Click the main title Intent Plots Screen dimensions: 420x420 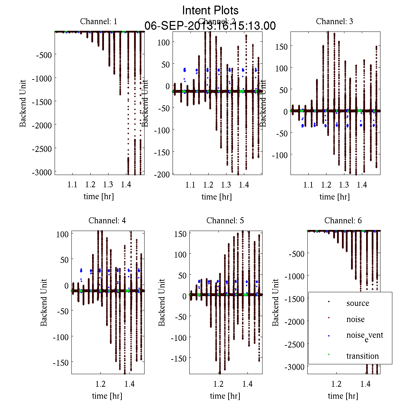pyautogui.click(x=210, y=10)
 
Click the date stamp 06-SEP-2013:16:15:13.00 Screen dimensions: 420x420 pyautogui.click(x=210, y=26)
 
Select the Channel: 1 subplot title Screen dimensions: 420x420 pyautogui.click(x=99, y=21)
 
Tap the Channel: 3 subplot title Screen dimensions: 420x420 pyautogui.click(x=334, y=21)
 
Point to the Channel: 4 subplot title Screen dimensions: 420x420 pyautogui.click(x=107, y=220)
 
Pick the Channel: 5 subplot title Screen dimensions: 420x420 pyautogui.click(x=225, y=220)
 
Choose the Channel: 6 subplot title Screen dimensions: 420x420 pyautogui.click(x=343, y=220)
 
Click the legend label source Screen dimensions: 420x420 pyautogui.click(x=358, y=303)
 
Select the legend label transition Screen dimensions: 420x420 pyautogui.click(x=363, y=356)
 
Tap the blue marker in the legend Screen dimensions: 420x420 pyautogui.click(x=329, y=336)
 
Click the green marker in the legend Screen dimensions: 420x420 pyautogui.click(x=329, y=355)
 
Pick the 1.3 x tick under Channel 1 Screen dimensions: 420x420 pyautogui.click(x=108, y=184)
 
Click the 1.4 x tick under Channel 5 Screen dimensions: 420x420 pyautogui.click(x=247, y=384)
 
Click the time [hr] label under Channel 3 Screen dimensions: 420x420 pyautogui.click(x=334, y=197)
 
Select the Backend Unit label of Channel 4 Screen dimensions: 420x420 pyautogui.click(x=44, y=302)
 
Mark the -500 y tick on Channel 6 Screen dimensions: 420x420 pyautogui.click(x=297, y=253)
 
